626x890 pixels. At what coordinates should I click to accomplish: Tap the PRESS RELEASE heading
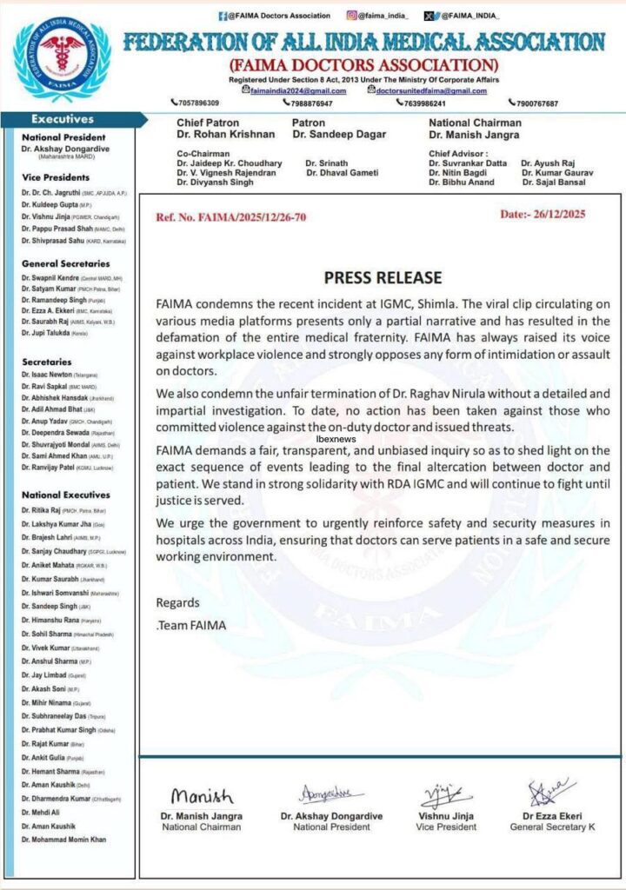coord(383,278)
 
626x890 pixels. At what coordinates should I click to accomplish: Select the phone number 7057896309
coord(196,103)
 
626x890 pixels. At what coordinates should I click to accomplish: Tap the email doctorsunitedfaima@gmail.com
coord(431,90)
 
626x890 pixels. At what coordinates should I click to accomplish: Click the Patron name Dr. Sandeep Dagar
coord(339,135)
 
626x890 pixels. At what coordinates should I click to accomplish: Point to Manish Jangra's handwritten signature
coord(202,796)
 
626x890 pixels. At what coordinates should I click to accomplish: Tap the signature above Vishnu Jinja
coord(446,795)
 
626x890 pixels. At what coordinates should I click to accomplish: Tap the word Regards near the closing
coord(177,602)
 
